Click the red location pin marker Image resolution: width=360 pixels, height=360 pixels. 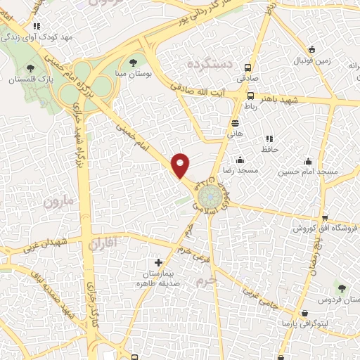(x=181, y=165)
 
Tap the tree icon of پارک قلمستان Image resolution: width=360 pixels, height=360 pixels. (x=30, y=68)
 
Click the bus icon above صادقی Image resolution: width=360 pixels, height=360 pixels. (x=247, y=68)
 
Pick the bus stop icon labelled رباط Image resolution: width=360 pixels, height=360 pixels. (x=251, y=94)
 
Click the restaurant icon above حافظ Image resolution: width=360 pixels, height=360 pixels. (x=268, y=139)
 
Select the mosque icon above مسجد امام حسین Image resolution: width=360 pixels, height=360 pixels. (x=307, y=160)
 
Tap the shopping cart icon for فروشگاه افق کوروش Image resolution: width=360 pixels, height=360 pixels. (x=323, y=217)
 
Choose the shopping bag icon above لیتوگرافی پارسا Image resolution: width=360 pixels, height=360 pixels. (x=304, y=313)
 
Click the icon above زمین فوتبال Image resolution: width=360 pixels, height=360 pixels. (x=312, y=49)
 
